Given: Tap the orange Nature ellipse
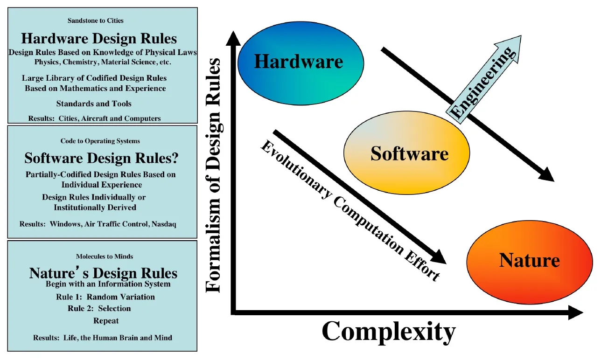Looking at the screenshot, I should (x=529, y=260).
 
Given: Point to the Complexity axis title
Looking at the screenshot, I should (x=388, y=332).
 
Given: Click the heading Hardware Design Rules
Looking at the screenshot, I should (x=99, y=38).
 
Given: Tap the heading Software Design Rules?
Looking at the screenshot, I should (x=101, y=159).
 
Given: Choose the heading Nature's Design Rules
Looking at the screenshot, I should (x=103, y=273).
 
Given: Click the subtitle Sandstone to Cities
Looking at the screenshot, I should (x=95, y=21).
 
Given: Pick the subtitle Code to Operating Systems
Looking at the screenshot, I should (x=100, y=141).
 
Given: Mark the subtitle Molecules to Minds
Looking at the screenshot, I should (x=105, y=256).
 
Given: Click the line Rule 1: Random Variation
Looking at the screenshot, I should (x=105, y=297).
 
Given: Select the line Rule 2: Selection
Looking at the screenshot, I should (x=99, y=309).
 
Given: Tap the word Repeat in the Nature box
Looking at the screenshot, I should (x=106, y=321).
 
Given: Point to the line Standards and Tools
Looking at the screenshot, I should (x=94, y=104).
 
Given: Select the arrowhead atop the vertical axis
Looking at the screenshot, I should (x=232, y=37).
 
